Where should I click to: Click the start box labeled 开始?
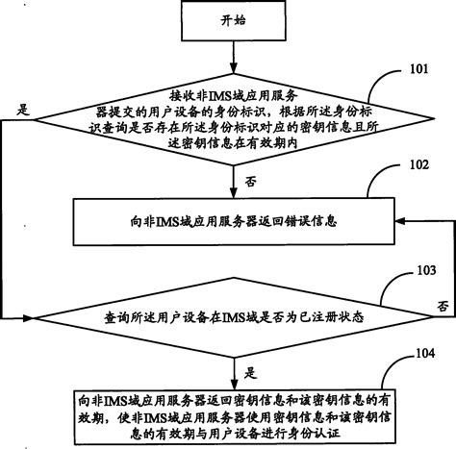[x=234, y=19]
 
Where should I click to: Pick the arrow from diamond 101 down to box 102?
[x=234, y=178]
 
